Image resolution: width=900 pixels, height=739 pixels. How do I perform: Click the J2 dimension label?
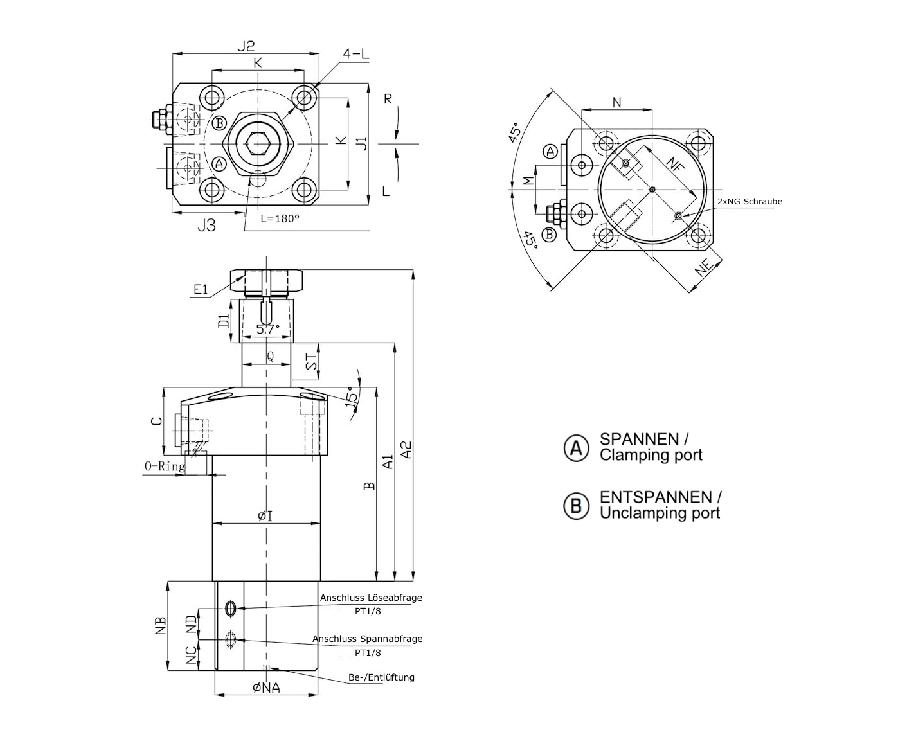coord(246,46)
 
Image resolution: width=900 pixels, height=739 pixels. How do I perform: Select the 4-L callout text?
coord(356,55)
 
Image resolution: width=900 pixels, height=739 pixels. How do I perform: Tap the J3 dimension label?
coord(206,226)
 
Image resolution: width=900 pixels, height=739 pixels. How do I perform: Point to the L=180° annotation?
coord(280,218)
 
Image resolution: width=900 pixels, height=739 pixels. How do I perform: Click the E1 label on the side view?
coord(201,290)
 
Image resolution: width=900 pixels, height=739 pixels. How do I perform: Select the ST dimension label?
coord(312,362)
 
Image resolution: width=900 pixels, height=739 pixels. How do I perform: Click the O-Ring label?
coord(165,467)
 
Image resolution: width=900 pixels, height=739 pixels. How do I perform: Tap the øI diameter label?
coord(265,515)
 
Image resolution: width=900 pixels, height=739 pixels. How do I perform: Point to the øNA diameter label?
coord(266,688)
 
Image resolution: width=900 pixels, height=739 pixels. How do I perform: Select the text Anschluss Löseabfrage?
coord(371,598)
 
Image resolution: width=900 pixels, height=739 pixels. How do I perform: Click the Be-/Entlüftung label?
coord(381,677)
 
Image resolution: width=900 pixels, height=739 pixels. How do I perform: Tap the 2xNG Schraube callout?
coord(750,202)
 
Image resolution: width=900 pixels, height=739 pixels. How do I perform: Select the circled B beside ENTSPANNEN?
coord(576,506)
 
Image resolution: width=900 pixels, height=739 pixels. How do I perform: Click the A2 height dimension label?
coord(406,449)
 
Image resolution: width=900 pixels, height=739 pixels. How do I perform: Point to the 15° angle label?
coord(352,395)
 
